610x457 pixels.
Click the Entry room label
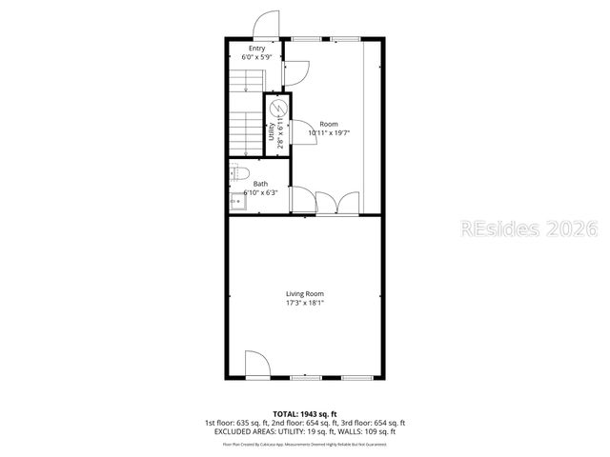coord(256,49)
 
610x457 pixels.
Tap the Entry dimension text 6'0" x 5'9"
coord(256,58)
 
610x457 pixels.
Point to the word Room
coord(329,124)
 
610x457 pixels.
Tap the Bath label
coord(260,184)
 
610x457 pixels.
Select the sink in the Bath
coord(236,200)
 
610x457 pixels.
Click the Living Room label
coord(305,294)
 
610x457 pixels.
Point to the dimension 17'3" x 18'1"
coord(305,304)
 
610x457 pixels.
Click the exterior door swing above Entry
coord(266,25)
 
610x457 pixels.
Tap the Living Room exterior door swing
coord(255,365)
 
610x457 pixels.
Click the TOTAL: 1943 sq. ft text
coord(305,414)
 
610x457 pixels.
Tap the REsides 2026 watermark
coord(529,229)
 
